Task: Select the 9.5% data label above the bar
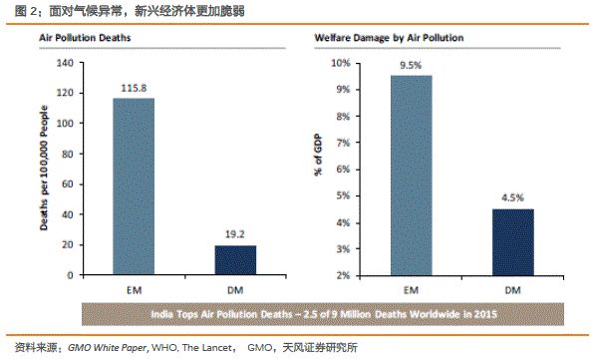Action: [x=410, y=66]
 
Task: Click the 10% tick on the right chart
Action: [x=339, y=63]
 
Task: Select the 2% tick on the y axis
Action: [x=342, y=275]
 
